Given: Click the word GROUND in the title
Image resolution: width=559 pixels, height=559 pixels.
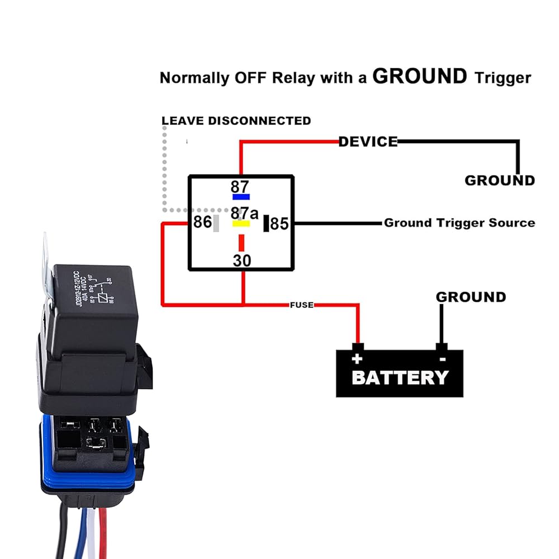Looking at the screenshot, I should click(419, 76).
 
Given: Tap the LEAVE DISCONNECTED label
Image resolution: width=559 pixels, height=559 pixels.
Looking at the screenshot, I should click(236, 121).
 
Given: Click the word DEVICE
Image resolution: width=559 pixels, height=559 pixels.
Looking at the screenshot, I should click(368, 141).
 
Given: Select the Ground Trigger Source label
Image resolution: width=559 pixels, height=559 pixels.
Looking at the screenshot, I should click(459, 223).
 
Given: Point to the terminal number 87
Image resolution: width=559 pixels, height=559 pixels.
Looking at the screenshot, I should click(240, 187).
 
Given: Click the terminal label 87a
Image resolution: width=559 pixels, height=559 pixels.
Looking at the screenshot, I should click(245, 213).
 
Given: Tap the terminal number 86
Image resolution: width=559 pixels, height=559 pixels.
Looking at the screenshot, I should click(202, 222).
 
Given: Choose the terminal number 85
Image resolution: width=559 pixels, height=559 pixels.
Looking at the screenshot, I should click(279, 224).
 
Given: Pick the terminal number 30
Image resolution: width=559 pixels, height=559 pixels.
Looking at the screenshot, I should click(242, 260).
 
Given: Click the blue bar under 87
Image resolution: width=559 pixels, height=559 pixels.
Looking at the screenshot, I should click(241, 197).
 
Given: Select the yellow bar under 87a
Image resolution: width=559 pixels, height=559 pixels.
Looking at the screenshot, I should click(241, 224).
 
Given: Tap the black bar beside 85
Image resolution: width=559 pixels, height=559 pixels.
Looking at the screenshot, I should click(267, 223).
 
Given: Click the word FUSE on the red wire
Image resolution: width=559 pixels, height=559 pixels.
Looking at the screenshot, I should click(301, 305).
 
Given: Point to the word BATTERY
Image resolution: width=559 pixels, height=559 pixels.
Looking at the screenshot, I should click(400, 377).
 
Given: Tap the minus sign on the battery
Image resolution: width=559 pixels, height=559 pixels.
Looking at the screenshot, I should click(442, 359).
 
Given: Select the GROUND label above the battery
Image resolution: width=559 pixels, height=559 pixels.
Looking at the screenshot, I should click(471, 297).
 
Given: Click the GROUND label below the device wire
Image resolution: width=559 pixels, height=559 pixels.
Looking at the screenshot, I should click(500, 181).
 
